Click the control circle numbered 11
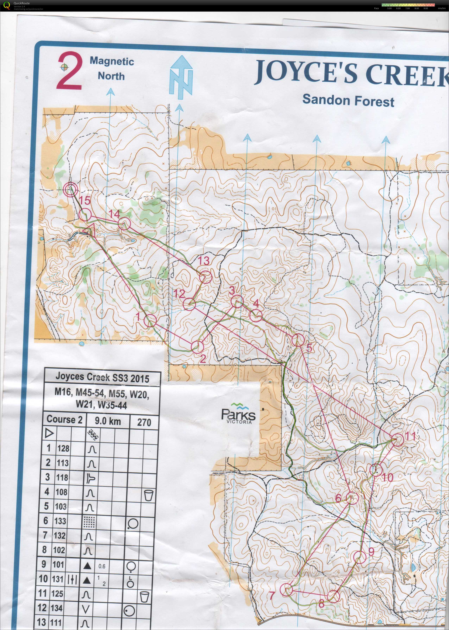pyautogui.click(x=398, y=440)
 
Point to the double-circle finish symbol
pyautogui.click(x=70, y=189)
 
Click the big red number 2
pyautogui.click(x=69, y=71)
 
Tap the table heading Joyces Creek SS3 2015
pyautogui.click(x=102, y=378)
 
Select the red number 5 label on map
pyautogui.click(x=309, y=348)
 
